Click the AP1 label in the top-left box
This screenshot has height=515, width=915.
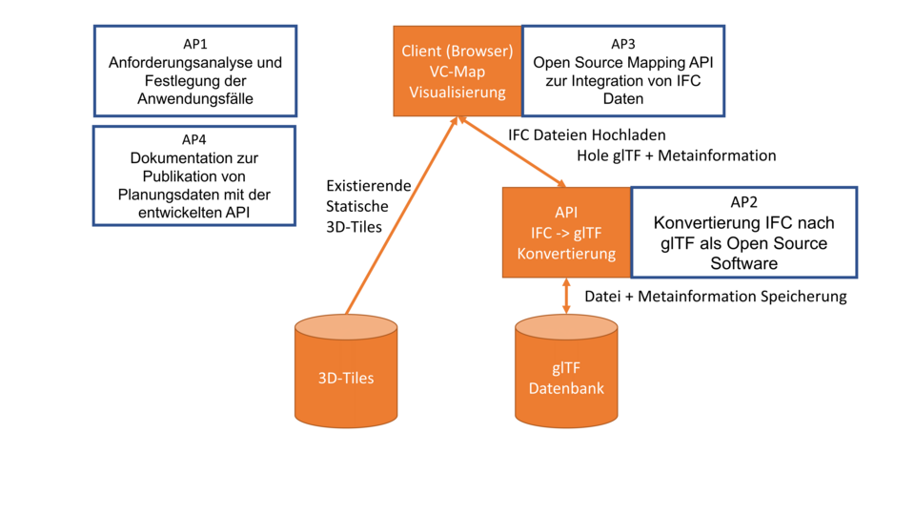pos(194,44)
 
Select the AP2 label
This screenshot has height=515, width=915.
pos(743,201)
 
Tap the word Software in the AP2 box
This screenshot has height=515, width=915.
pos(743,263)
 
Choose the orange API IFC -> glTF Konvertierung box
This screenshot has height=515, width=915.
pos(566,233)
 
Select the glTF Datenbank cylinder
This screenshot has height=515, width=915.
pos(566,378)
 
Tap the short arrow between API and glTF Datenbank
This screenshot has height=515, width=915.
pos(566,297)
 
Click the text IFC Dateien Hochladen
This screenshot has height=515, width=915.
pos(587,134)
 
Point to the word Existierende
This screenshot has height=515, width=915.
pos(369,185)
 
